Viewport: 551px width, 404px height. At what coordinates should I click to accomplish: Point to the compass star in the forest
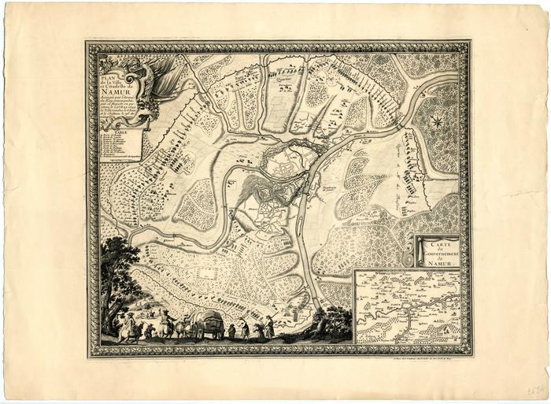click(435, 121)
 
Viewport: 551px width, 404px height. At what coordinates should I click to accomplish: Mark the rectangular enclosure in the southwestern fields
click(209, 272)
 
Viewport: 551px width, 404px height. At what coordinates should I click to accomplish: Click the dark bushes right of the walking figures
click(331, 321)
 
